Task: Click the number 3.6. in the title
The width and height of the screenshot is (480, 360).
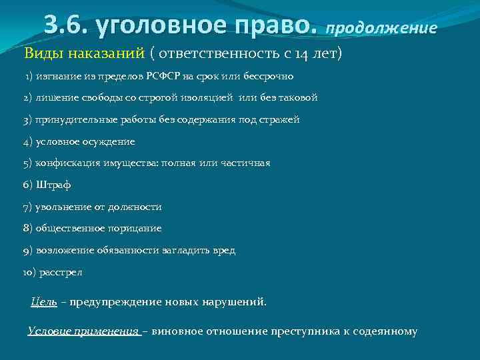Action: [67, 25]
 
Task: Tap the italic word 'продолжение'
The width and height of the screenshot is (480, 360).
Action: [381, 29]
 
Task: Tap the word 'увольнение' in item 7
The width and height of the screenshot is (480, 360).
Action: [60, 207]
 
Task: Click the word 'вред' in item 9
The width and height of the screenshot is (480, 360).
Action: [224, 250]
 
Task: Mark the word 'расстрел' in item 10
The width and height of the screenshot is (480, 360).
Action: [61, 272]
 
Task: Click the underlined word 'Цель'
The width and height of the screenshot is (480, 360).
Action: [44, 301]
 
